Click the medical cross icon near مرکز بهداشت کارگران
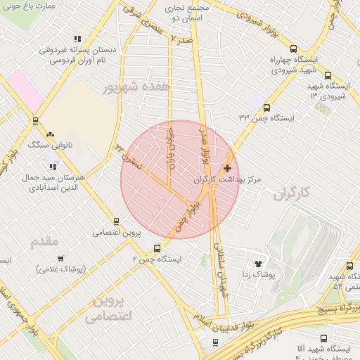[227, 168]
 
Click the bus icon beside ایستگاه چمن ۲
[157, 247]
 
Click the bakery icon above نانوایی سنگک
[49, 134]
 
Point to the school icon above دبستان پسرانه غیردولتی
[77, 39]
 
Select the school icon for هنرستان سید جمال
[53, 167]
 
